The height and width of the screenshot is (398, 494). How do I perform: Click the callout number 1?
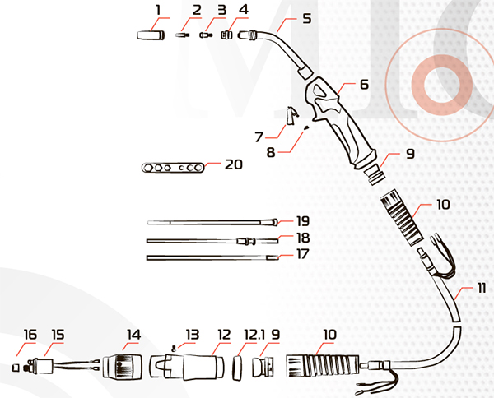pyautogui.click(x=158, y=10)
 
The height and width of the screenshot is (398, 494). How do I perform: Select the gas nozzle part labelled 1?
pyautogui.click(x=151, y=35)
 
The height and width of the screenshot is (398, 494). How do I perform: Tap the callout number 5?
pyautogui.click(x=307, y=18)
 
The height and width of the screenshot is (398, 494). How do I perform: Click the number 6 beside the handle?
pyautogui.click(x=364, y=85)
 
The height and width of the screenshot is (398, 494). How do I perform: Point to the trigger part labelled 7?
pyautogui.click(x=291, y=116)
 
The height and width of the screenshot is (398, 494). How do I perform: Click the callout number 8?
pyautogui.click(x=271, y=152)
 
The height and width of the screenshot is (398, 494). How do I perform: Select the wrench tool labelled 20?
pyautogui.click(x=173, y=168)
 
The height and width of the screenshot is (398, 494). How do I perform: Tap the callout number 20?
pyautogui.click(x=234, y=164)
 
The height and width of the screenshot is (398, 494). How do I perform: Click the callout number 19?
pyautogui.click(x=303, y=221)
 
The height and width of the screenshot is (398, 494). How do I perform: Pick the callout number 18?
pyautogui.click(x=303, y=238)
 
